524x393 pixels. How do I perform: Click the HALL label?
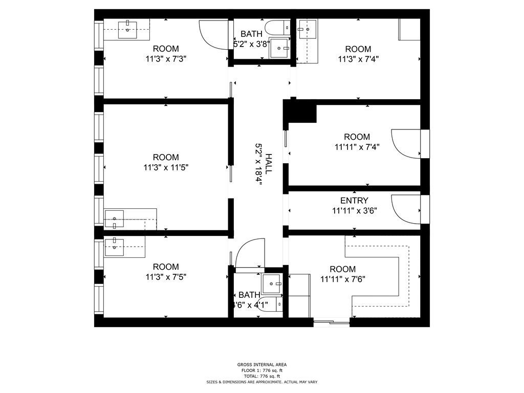268,163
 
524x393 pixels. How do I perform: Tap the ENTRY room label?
354,201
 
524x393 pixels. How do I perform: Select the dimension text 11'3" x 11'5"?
166,167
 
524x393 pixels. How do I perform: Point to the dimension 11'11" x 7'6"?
343,279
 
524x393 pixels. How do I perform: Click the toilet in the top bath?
277,28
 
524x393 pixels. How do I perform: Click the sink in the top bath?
279,48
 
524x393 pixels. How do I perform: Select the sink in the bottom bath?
272,283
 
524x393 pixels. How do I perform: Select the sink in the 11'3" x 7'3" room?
127,30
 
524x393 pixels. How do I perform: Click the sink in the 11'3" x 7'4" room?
308,29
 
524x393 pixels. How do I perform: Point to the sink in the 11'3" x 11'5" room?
114,219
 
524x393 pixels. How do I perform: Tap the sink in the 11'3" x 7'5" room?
114,247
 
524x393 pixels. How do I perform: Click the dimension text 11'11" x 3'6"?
355,211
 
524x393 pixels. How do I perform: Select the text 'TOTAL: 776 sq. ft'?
262,376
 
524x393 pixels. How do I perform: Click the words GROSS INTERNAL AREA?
262,364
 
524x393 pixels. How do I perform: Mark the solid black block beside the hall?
300,111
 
